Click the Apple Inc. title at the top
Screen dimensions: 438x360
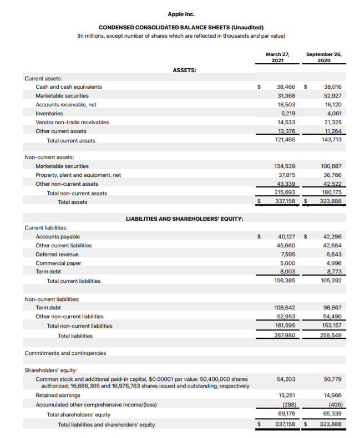click(181, 14)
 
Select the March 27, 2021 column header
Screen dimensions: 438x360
click(277, 58)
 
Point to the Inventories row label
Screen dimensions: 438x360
click(49, 113)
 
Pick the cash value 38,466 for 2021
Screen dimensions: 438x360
click(286, 86)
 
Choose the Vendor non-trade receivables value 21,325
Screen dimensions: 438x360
click(332, 122)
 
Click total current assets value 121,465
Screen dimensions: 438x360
click(285, 140)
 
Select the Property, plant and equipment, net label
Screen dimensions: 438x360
click(78, 175)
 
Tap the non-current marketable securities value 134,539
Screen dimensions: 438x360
click(285, 166)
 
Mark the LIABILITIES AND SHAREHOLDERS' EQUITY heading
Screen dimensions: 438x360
click(184, 218)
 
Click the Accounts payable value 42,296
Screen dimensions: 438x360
click(332, 236)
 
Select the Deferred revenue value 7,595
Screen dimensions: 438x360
click(288, 254)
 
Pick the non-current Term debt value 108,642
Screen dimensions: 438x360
click(285, 307)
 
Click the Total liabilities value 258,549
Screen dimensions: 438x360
click(331, 335)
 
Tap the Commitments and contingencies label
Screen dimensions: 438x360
click(65, 353)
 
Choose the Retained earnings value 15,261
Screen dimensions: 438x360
click(286, 395)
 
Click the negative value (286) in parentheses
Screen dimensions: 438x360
click(287, 404)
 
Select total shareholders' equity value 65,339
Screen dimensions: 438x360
click(332, 414)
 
